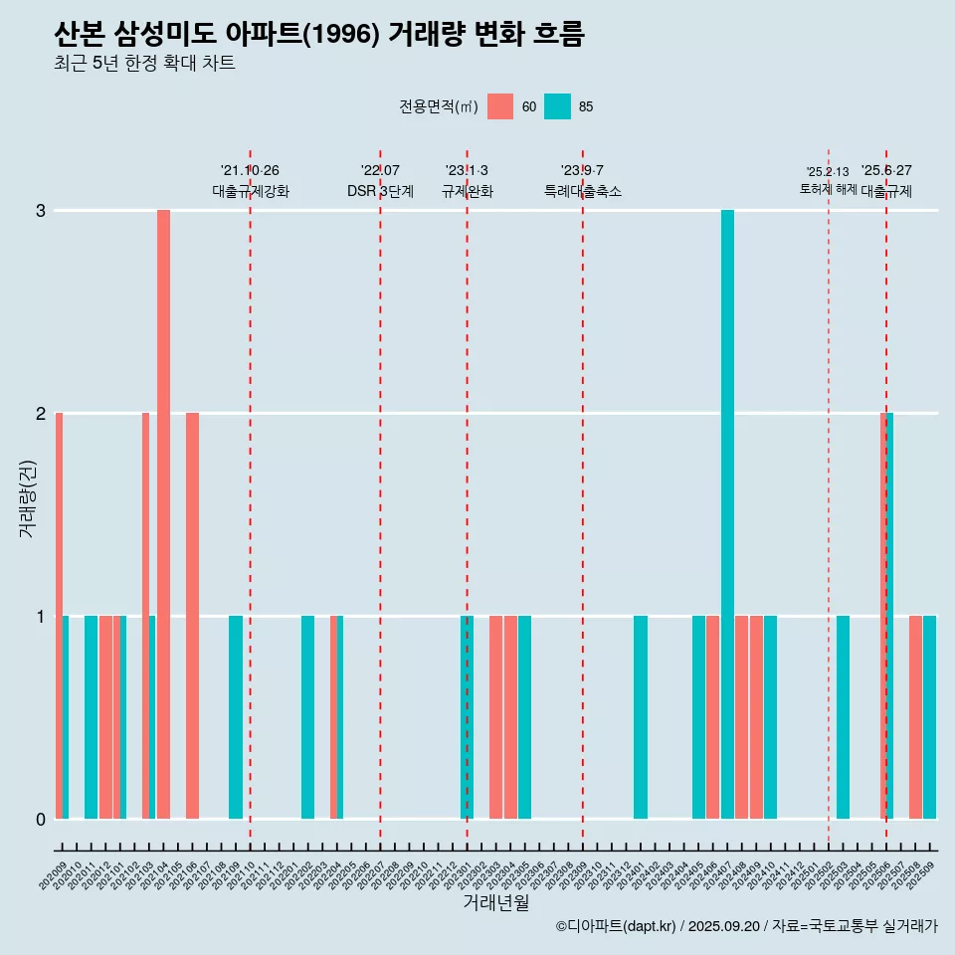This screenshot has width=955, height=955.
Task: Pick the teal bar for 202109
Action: tap(236, 716)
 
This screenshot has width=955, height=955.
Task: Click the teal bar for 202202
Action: tap(308, 716)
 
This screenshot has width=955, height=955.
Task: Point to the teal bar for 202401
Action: tap(641, 716)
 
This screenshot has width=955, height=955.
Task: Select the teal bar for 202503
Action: tap(843, 716)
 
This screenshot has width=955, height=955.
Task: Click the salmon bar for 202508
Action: tap(915, 716)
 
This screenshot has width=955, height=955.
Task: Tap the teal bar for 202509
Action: tap(929, 716)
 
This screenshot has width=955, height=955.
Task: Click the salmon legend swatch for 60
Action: tap(500, 106)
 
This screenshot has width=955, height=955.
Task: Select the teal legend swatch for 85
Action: tap(557, 106)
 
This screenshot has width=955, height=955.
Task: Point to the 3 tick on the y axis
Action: tap(41, 211)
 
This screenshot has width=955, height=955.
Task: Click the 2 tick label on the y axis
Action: tap(41, 413)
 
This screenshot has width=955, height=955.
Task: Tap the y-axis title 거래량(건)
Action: tap(27, 497)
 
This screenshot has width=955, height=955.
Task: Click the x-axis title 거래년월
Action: tap(495, 902)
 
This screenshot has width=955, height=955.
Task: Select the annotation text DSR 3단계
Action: tap(380, 191)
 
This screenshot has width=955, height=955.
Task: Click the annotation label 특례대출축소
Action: tap(583, 191)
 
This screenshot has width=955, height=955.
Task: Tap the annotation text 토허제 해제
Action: tap(828, 188)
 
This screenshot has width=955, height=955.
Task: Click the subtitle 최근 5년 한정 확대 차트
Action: tap(145, 64)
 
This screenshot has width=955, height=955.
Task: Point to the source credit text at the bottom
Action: tap(746, 926)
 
